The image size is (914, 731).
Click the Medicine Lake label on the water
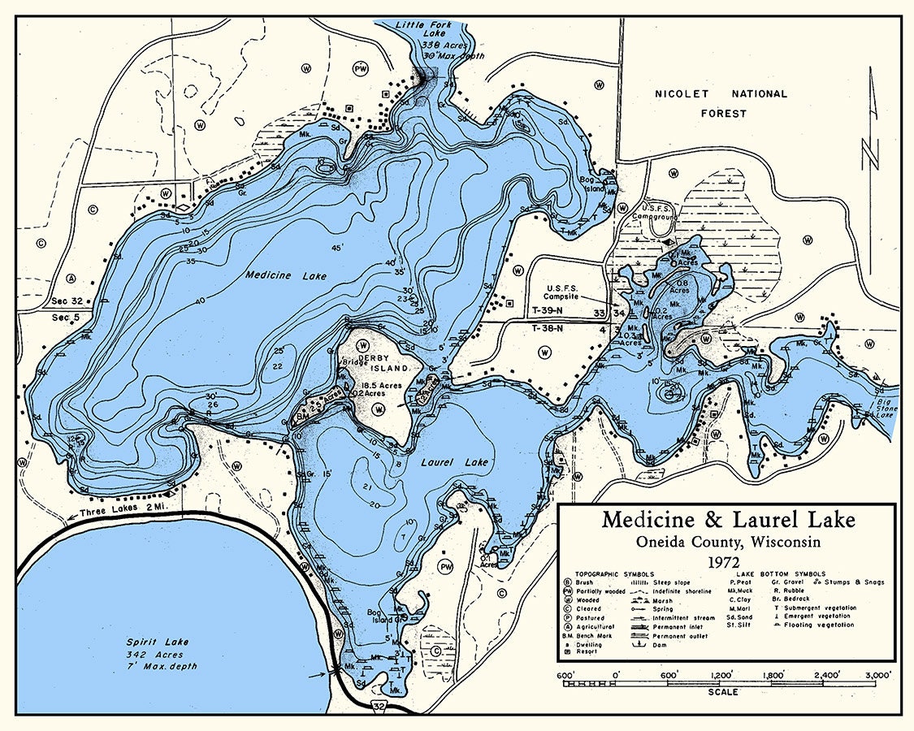(285, 276)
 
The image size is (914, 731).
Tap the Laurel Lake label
(454, 463)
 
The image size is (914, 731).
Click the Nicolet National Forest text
(721, 103)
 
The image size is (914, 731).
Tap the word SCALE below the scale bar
(723, 693)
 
